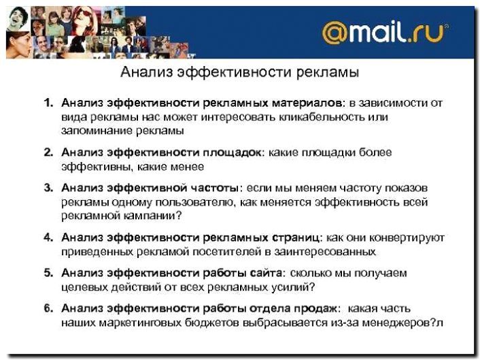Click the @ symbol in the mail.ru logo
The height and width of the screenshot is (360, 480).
(335, 33)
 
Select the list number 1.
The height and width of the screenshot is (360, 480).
(48, 103)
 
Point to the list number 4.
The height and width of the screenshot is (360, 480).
(48, 238)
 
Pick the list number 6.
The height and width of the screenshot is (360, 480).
(48, 308)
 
